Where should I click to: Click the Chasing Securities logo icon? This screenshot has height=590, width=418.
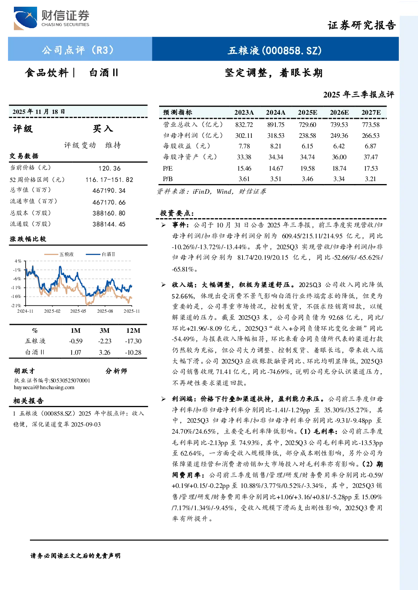click(25, 18)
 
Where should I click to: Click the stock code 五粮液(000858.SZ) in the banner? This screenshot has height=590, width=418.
click(275, 50)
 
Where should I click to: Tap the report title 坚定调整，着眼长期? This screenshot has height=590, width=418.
click(274, 73)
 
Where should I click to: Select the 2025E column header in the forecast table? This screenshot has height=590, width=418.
click(307, 113)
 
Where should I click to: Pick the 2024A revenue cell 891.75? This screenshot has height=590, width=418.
click(276, 124)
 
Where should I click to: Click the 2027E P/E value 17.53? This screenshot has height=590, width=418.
click(371, 169)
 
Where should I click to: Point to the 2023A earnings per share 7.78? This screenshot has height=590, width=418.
click(244, 146)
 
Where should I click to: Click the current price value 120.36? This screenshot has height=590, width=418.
click(109, 169)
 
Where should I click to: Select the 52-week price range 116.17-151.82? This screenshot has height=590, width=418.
click(109, 179)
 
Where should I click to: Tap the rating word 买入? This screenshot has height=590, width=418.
click(103, 129)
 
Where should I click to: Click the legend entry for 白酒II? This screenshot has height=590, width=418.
click(100, 254)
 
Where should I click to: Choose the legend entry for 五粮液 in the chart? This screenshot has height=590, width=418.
click(59, 254)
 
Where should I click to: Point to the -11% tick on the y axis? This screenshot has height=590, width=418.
click(16, 287)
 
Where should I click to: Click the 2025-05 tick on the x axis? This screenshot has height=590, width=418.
click(78, 311)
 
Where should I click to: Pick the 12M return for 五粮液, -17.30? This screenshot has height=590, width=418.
click(133, 341)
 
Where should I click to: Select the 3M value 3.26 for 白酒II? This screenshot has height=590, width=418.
click(104, 353)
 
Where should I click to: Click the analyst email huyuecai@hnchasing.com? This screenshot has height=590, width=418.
click(44, 387)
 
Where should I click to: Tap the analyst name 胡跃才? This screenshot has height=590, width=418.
click(24, 371)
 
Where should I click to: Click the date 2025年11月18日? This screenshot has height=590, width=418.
click(39, 112)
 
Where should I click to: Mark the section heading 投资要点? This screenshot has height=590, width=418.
click(177, 213)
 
